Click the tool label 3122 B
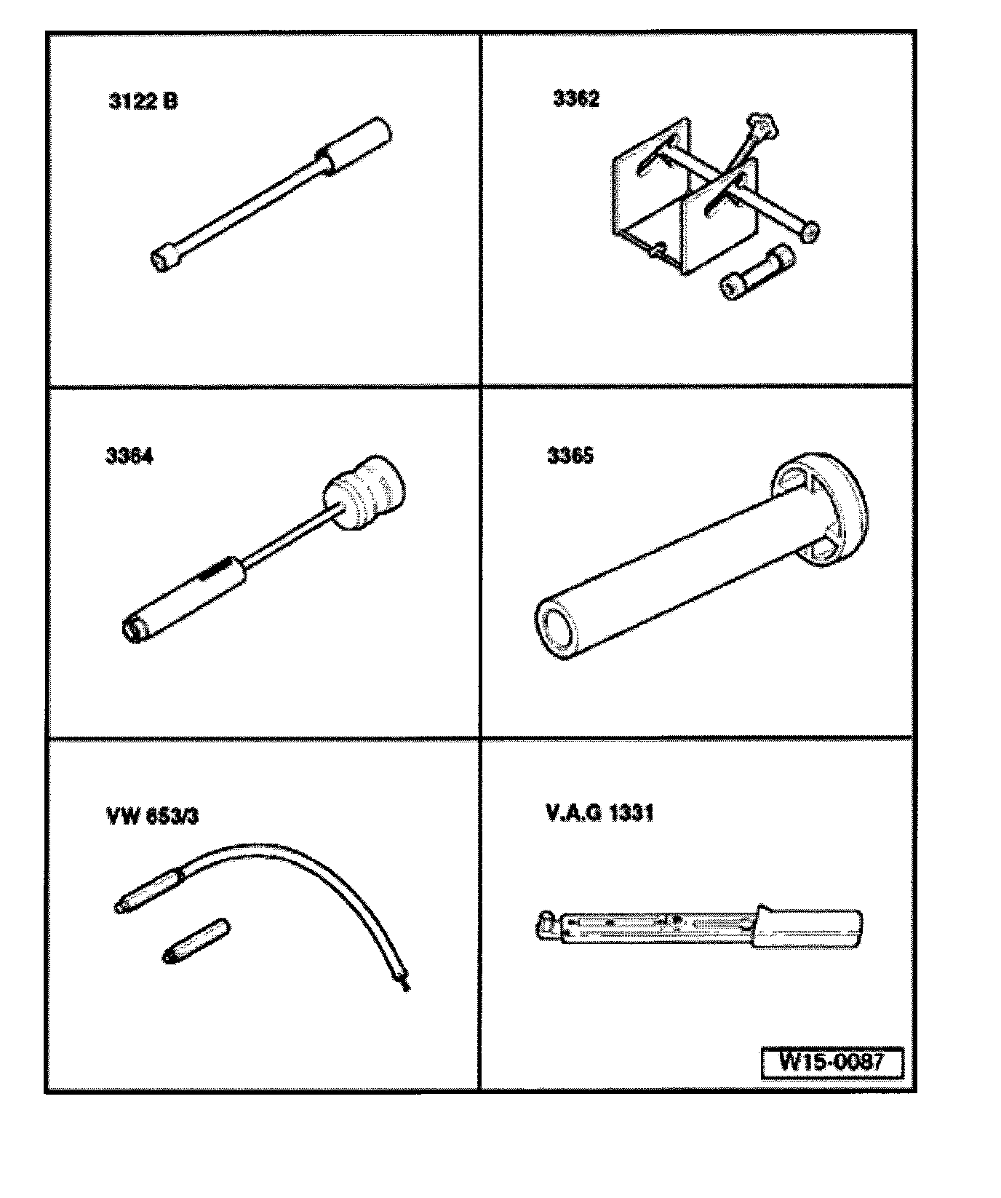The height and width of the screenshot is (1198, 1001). pyautogui.click(x=143, y=100)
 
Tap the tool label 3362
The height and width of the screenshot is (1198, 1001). pyautogui.click(x=576, y=99)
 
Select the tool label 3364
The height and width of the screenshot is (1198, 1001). pyautogui.click(x=129, y=456)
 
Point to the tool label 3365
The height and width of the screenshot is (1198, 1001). pyautogui.click(x=570, y=456)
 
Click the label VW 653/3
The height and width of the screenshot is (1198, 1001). pyautogui.click(x=152, y=816)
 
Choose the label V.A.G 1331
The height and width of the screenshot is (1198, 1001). pyautogui.click(x=599, y=812)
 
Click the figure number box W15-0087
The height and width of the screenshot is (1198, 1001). pyautogui.click(x=831, y=1062)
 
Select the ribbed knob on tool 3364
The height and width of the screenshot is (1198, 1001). pyautogui.click(x=367, y=493)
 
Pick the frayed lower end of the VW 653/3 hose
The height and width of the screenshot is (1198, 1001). pyautogui.click(x=402, y=983)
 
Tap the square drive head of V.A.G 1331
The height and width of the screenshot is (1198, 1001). pyautogui.click(x=548, y=924)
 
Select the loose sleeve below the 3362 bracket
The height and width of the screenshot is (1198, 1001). pyautogui.click(x=752, y=273)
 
